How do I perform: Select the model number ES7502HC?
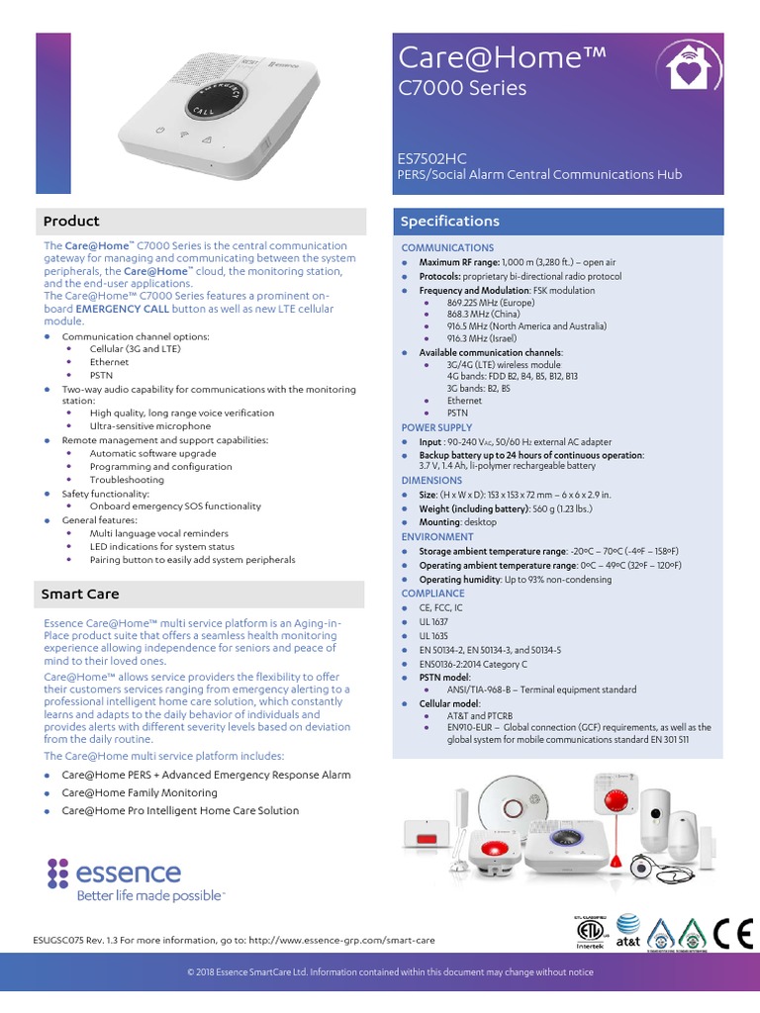(431, 158)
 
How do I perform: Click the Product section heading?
(70, 221)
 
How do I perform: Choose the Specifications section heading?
(449, 221)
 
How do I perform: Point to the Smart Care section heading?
(80, 594)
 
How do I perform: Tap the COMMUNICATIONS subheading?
(447, 247)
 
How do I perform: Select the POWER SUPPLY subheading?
(436, 427)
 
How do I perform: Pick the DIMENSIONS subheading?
(431, 480)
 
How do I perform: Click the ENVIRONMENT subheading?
(437, 536)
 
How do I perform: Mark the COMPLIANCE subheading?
(433, 594)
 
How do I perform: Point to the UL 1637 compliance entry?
(433, 621)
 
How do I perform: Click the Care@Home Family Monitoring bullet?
(140, 792)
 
